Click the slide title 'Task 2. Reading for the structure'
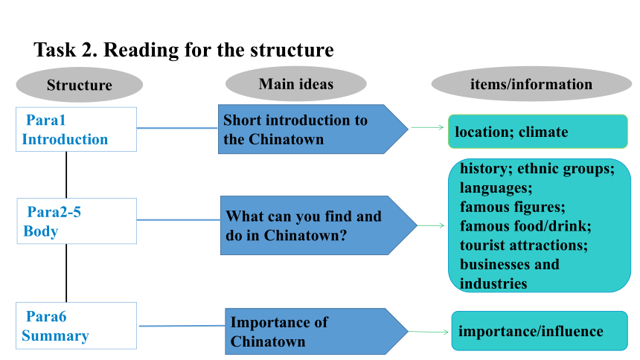(x=184, y=50)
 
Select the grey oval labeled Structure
(x=79, y=85)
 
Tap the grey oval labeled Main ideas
(x=296, y=83)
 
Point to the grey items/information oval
(x=531, y=84)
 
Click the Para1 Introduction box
(x=77, y=129)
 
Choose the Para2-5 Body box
(x=77, y=221)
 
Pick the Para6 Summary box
(x=77, y=326)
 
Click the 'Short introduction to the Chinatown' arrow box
(x=313, y=129)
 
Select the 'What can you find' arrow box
(x=319, y=225)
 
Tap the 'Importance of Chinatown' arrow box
(x=317, y=332)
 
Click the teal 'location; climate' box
(x=537, y=132)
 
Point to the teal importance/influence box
(x=540, y=331)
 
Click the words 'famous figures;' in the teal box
(x=512, y=207)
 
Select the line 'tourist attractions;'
(x=524, y=245)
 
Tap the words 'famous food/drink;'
(x=525, y=226)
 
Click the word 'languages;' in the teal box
(x=496, y=187)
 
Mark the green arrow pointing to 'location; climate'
(x=427, y=127)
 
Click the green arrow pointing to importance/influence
(x=429, y=332)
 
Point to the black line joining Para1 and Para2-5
(x=66, y=175)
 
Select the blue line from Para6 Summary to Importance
(x=182, y=326)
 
